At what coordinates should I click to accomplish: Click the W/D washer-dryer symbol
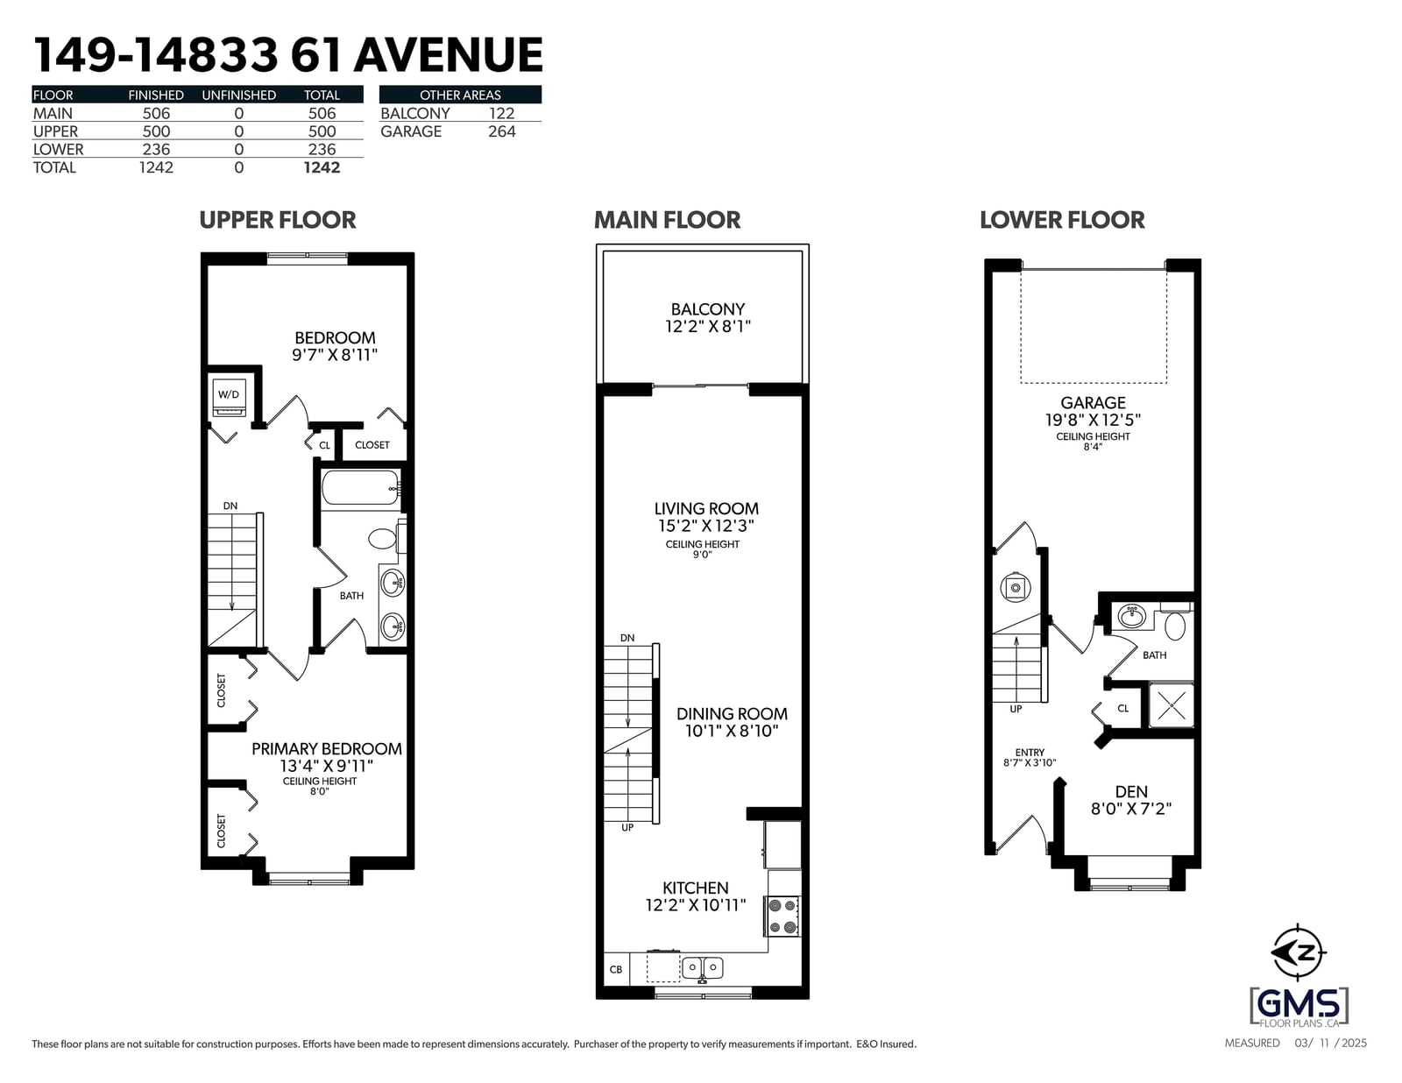[229, 397]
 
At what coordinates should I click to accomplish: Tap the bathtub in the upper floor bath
[361, 488]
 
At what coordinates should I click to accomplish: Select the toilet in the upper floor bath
[386, 539]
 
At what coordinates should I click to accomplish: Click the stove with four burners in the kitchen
[782, 917]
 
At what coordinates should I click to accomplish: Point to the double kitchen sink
[702, 967]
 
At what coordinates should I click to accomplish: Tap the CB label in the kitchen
[615, 969]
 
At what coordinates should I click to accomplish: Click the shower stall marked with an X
[1171, 705]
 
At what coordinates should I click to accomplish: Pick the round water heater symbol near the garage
[1016, 588]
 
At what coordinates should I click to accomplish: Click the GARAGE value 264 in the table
[501, 131]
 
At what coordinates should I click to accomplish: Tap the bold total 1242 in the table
[322, 167]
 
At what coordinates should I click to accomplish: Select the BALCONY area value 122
[501, 114]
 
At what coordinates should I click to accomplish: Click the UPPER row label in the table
[55, 131]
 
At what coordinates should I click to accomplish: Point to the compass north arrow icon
[1298, 952]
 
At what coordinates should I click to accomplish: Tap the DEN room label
[1131, 791]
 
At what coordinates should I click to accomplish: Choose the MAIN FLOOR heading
[667, 220]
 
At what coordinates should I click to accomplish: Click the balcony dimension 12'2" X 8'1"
[708, 326]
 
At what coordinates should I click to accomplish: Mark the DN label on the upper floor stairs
[230, 506]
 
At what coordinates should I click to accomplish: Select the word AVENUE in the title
[449, 55]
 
